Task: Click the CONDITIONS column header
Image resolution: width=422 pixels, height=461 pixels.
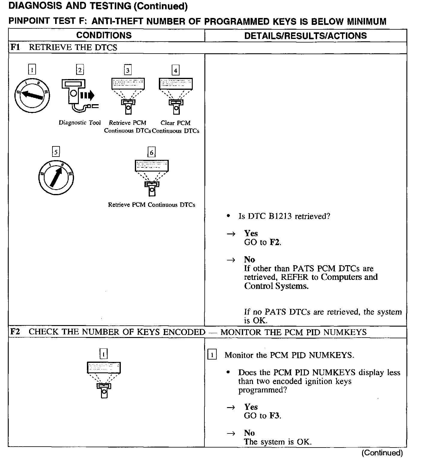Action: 104,35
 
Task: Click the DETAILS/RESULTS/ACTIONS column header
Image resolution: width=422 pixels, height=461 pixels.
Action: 305,36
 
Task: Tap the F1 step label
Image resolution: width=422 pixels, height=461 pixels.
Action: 16,47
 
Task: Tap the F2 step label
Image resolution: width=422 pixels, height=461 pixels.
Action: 16,332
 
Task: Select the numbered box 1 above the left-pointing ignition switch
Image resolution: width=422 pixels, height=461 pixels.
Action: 32,70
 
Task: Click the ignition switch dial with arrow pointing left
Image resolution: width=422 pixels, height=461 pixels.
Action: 32,95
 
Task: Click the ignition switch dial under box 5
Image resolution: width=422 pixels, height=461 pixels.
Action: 56,178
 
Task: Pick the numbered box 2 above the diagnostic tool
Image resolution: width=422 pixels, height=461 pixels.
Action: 80,70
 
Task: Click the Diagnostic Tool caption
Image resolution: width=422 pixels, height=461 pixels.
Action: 80,122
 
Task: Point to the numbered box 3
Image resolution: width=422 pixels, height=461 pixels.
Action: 128,70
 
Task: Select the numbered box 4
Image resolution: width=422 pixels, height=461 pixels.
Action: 176,71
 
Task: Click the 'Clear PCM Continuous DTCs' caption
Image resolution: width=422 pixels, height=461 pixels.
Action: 176,127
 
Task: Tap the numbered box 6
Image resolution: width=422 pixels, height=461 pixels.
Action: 152,153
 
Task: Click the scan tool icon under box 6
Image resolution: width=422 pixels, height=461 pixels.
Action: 152,178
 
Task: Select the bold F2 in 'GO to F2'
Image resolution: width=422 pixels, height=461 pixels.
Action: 275,242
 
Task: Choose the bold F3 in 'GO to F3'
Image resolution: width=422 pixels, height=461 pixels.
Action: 275,415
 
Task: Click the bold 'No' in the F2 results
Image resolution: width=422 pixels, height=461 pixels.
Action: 249,433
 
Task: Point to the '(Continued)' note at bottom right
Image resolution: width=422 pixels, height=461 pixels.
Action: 382,453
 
